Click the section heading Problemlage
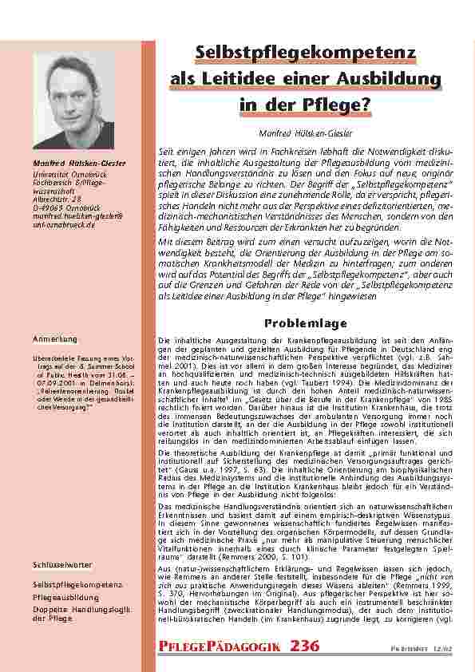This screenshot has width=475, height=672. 306,323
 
